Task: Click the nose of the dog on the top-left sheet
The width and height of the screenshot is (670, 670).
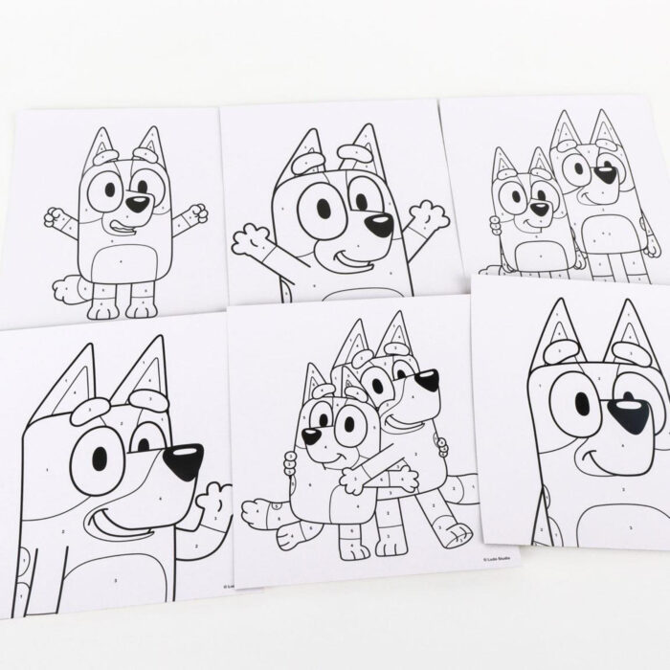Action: coord(140,203)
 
